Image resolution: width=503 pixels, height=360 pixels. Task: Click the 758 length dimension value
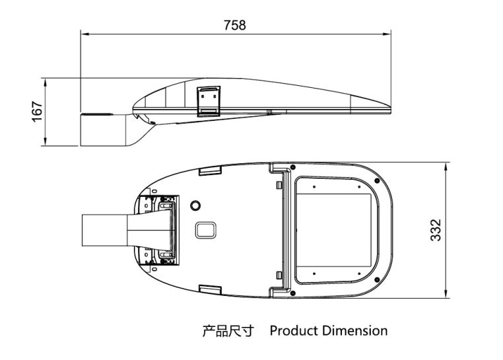pyautogui.click(x=234, y=25)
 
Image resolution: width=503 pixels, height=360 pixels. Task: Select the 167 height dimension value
pyautogui.click(x=38, y=110)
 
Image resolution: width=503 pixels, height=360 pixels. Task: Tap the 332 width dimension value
pyautogui.click(x=436, y=229)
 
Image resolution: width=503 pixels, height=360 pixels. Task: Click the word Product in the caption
pyautogui.click(x=294, y=330)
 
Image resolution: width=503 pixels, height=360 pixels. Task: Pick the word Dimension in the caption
pyautogui.click(x=355, y=330)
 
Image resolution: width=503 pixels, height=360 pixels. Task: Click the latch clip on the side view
pyautogui.click(x=211, y=101)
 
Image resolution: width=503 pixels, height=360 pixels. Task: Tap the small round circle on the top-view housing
pyautogui.click(x=195, y=204)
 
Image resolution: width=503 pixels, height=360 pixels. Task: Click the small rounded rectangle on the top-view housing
pyautogui.click(x=207, y=229)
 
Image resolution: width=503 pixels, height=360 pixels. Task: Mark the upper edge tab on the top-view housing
pyautogui.click(x=210, y=170)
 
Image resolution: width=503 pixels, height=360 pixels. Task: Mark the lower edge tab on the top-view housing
pyautogui.click(x=210, y=289)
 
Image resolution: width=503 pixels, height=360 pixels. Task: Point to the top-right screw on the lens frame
pyautogui.click(x=375, y=180)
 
